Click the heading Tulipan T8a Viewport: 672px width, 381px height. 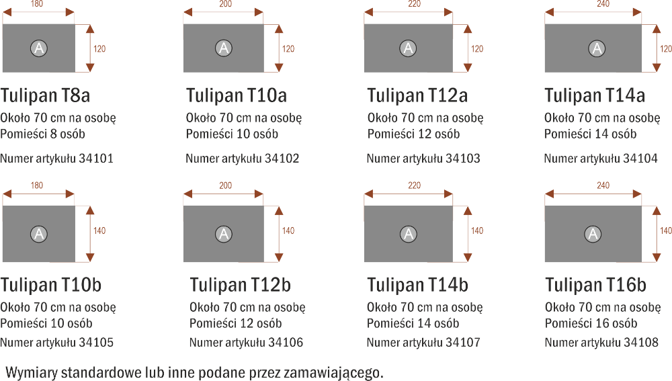click(x=45, y=95)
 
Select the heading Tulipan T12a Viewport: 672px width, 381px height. click(x=417, y=95)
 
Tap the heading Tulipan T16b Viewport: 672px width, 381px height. click(x=595, y=285)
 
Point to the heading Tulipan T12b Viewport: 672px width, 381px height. click(x=241, y=285)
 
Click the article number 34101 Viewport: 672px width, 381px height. click(x=96, y=159)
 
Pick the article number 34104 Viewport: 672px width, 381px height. click(x=640, y=159)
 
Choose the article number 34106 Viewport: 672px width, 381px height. click(x=286, y=343)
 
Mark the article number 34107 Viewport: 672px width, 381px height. click(x=463, y=343)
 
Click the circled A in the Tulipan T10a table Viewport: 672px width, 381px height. click(x=223, y=48)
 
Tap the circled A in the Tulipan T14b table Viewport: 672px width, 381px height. click(x=409, y=234)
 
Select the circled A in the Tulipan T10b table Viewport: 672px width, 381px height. click(x=38, y=234)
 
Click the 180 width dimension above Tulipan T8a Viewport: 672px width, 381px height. click(x=37, y=4)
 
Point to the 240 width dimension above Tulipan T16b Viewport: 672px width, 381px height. click(x=603, y=185)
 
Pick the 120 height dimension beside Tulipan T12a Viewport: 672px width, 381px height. click(x=477, y=49)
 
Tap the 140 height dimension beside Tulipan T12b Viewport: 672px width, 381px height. click(x=288, y=230)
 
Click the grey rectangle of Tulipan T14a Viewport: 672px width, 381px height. click(x=593, y=48)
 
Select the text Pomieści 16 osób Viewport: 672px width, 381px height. click(x=591, y=324)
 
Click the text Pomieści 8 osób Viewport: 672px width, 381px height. click(x=42, y=134)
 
